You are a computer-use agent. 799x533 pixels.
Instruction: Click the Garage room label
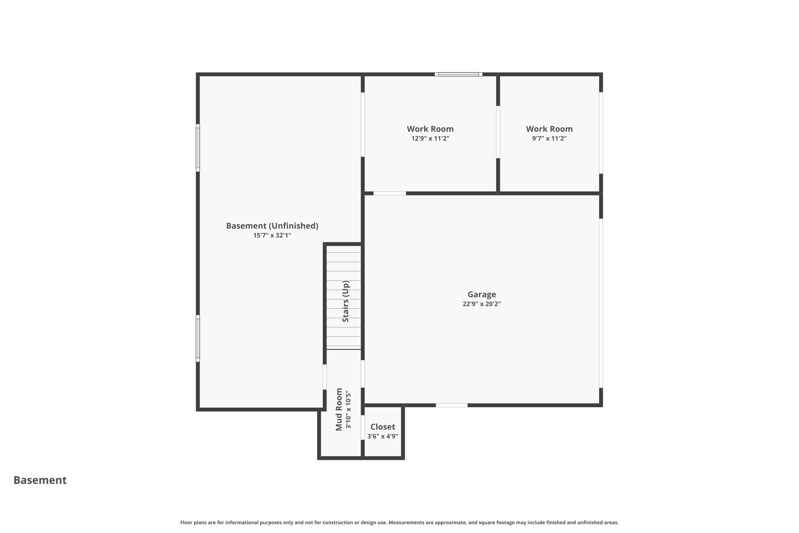[x=481, y=294]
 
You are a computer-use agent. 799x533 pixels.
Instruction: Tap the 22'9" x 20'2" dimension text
[x=481, y=304]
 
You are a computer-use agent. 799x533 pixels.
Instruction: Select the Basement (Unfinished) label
[x=272, y=226]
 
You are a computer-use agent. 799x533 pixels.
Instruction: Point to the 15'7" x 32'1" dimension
[x=272, y=235]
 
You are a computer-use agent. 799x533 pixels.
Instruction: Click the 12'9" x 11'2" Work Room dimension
[x=430, y=139]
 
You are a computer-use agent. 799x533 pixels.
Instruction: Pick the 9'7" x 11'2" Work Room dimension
[x=549, y=139]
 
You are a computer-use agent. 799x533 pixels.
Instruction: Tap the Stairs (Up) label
[x=346, y=301]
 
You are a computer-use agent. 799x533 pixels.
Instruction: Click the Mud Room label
[x=339, y=409]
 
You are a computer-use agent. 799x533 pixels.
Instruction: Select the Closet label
[x=382, y=427]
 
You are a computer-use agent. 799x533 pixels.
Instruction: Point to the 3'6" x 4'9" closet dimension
[x=382, y=436]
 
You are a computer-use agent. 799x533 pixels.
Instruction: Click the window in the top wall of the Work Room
[x=458, y=74]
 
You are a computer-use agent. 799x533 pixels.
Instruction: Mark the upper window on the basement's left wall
[x=198, y=148]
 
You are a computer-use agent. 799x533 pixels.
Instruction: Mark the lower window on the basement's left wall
[x=198, y=339]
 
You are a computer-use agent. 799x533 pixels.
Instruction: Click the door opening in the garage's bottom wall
[x=451, y=405]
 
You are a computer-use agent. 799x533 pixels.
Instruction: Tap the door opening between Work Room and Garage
[x=390, y=193]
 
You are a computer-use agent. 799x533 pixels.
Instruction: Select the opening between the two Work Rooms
[x=498, y=132]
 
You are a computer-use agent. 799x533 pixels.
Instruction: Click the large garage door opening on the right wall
[x=601, y=303]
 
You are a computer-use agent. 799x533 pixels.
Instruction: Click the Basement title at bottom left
[x=40, y=480]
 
